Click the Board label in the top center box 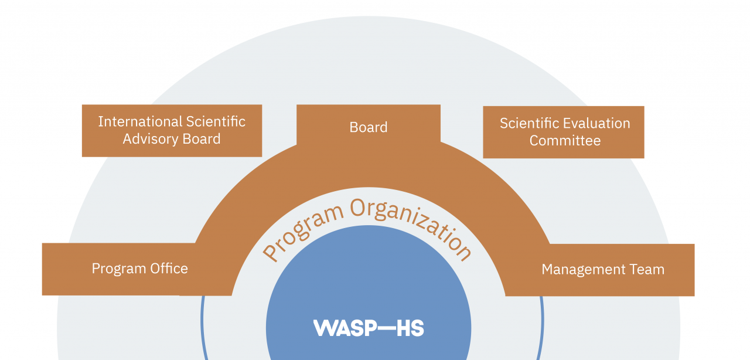click(369, 127)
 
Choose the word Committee click(565, 141)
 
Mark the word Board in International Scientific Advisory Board click(200, 140)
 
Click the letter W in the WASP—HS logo click(324, 328)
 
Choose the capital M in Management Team click(548, 270)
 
